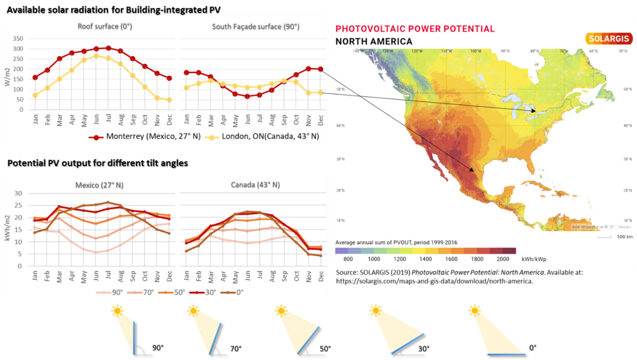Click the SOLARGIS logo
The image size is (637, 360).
[x=609, y=39]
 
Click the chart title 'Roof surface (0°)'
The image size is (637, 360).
[x=104, y=26]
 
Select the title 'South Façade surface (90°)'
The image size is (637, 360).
[x=255, y=26]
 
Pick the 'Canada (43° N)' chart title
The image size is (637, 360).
[x=255, y=184]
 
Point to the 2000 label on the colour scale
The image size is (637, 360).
[x=503, y=259]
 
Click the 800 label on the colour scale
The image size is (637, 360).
[x=348, y=259]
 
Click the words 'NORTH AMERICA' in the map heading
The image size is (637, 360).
[x=374, y=41]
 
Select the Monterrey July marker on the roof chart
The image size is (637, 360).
[x=108, y=48]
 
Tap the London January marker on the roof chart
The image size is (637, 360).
[x=36, y=95]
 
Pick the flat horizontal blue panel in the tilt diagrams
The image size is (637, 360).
[x=506, y=354]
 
